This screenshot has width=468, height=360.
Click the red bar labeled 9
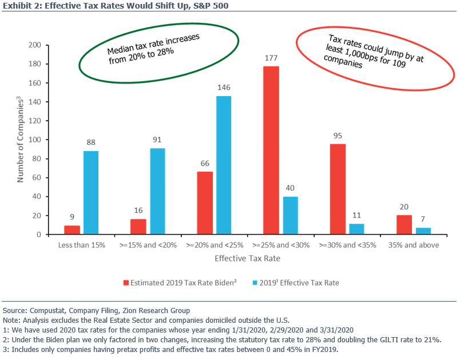72,230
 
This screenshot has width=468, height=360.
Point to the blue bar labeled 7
423,231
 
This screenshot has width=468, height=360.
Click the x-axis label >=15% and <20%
148,246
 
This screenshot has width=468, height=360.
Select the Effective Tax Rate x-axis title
247,259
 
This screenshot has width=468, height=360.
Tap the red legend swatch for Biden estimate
126,283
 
